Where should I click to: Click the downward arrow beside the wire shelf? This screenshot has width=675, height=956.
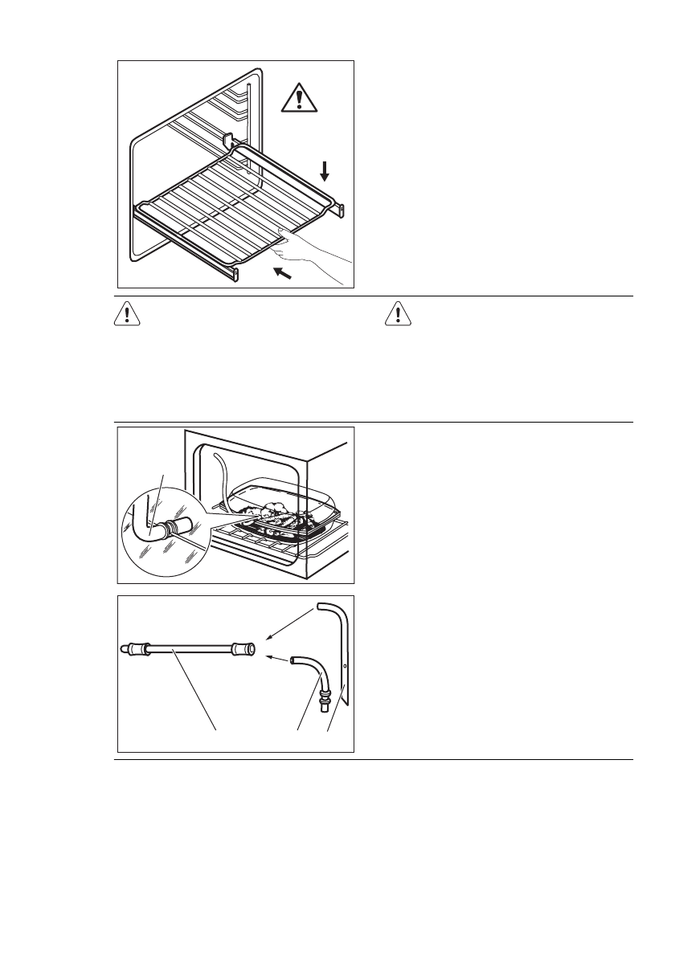click(x=324, y=170)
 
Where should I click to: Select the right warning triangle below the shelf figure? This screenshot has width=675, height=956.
click(x=399, y=314)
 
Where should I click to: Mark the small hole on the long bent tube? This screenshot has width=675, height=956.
click(x=345, y=666)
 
